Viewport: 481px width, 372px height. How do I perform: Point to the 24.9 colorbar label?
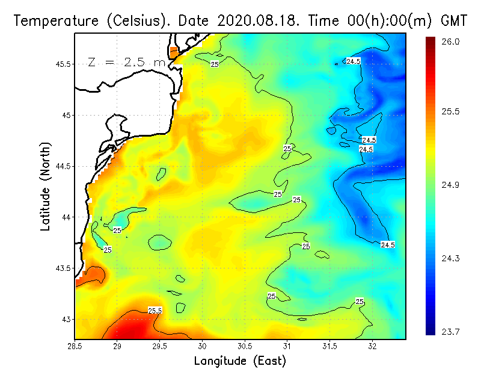pyautogui.click(x=451, y=185)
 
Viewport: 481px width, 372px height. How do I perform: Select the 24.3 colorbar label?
pyautogui.click(x=451, y=258)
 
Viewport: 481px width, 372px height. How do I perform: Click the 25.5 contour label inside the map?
pyautogui.click(x=155, y=311)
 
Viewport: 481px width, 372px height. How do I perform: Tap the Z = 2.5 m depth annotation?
pyautogui.click(x=126, y=62)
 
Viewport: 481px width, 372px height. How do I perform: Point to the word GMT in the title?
pyautogui.click(x=456, y=21)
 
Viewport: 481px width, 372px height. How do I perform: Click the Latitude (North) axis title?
pyautogui.click(x=46, y=186)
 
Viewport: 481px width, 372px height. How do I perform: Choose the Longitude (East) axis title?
pyautogui.click(x=240, y=361)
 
